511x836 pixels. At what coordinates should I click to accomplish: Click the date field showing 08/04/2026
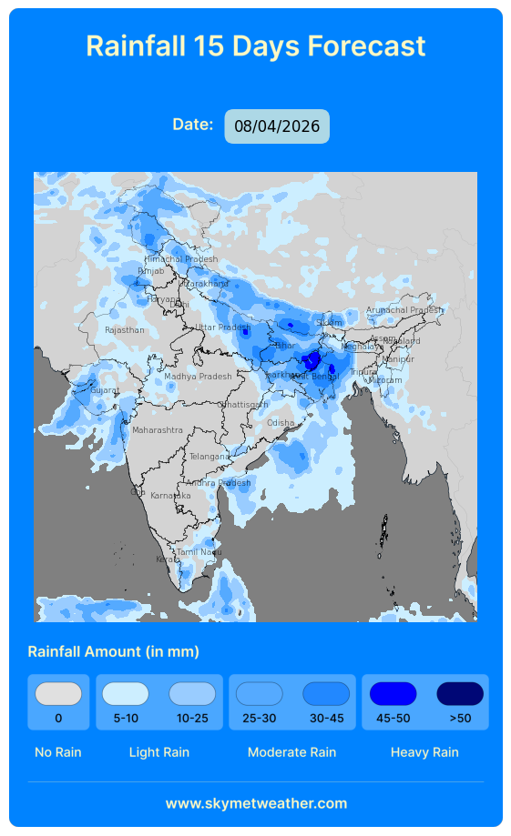tap(277, 126)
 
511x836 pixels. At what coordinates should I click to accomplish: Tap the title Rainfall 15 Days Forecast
tap(255, 45)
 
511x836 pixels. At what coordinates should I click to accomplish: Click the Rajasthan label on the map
tap(125, 330)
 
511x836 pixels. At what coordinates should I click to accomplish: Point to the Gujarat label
tap(104, 390)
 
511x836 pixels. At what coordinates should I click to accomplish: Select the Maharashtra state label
tap(158, 430)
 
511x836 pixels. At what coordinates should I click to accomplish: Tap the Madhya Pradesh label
tap(198, 377)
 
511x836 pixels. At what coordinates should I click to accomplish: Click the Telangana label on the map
tap(210, 457)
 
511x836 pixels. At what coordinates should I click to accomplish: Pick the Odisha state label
tap(281, 423)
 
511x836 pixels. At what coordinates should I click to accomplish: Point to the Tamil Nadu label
tap(199, 552)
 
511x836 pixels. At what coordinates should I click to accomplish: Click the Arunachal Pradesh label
tap(404, 310)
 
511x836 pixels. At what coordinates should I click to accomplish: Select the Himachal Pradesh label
tap(181, 259)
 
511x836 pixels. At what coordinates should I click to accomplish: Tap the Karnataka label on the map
tap(170, 496)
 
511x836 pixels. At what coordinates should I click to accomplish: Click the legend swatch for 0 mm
tap(58, 694)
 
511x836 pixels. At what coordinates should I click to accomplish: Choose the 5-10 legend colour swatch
tap(126, 694)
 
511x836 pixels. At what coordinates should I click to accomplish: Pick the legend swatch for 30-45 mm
tap(326, 694)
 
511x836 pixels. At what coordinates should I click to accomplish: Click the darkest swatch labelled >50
tap(460, 694)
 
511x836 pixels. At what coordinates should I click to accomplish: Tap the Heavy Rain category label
tap(424, 752)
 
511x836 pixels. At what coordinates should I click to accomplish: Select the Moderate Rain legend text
tap(291, 752)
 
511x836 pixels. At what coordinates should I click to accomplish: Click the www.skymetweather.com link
tap(256, 803)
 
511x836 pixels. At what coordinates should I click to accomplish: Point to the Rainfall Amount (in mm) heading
tap(114, 651)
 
